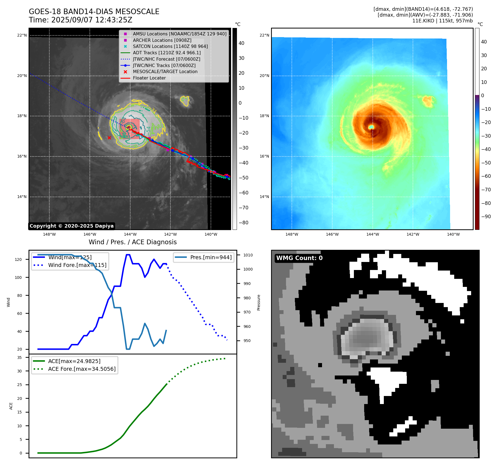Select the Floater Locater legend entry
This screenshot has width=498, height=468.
[149, 78]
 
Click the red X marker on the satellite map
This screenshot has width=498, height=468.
[109, 138]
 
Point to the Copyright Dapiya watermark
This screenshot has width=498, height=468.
[71, 226]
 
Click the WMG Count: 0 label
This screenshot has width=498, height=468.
[299, 258]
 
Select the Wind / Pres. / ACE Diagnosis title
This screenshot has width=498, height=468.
[132, 242]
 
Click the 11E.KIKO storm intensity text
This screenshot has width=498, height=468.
[442, 21]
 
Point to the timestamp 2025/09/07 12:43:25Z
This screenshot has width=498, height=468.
[92, 20]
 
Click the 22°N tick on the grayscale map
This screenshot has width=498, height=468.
[22, 35]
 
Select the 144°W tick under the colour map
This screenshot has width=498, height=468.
[372, 234]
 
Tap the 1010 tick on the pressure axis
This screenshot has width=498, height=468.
[248, 255]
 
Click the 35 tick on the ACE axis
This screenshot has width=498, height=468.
[19, 358]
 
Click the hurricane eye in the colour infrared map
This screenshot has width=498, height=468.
[371, 127]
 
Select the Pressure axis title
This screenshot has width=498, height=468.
[259, 302]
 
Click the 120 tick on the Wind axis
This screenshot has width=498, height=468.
[18, 259]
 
